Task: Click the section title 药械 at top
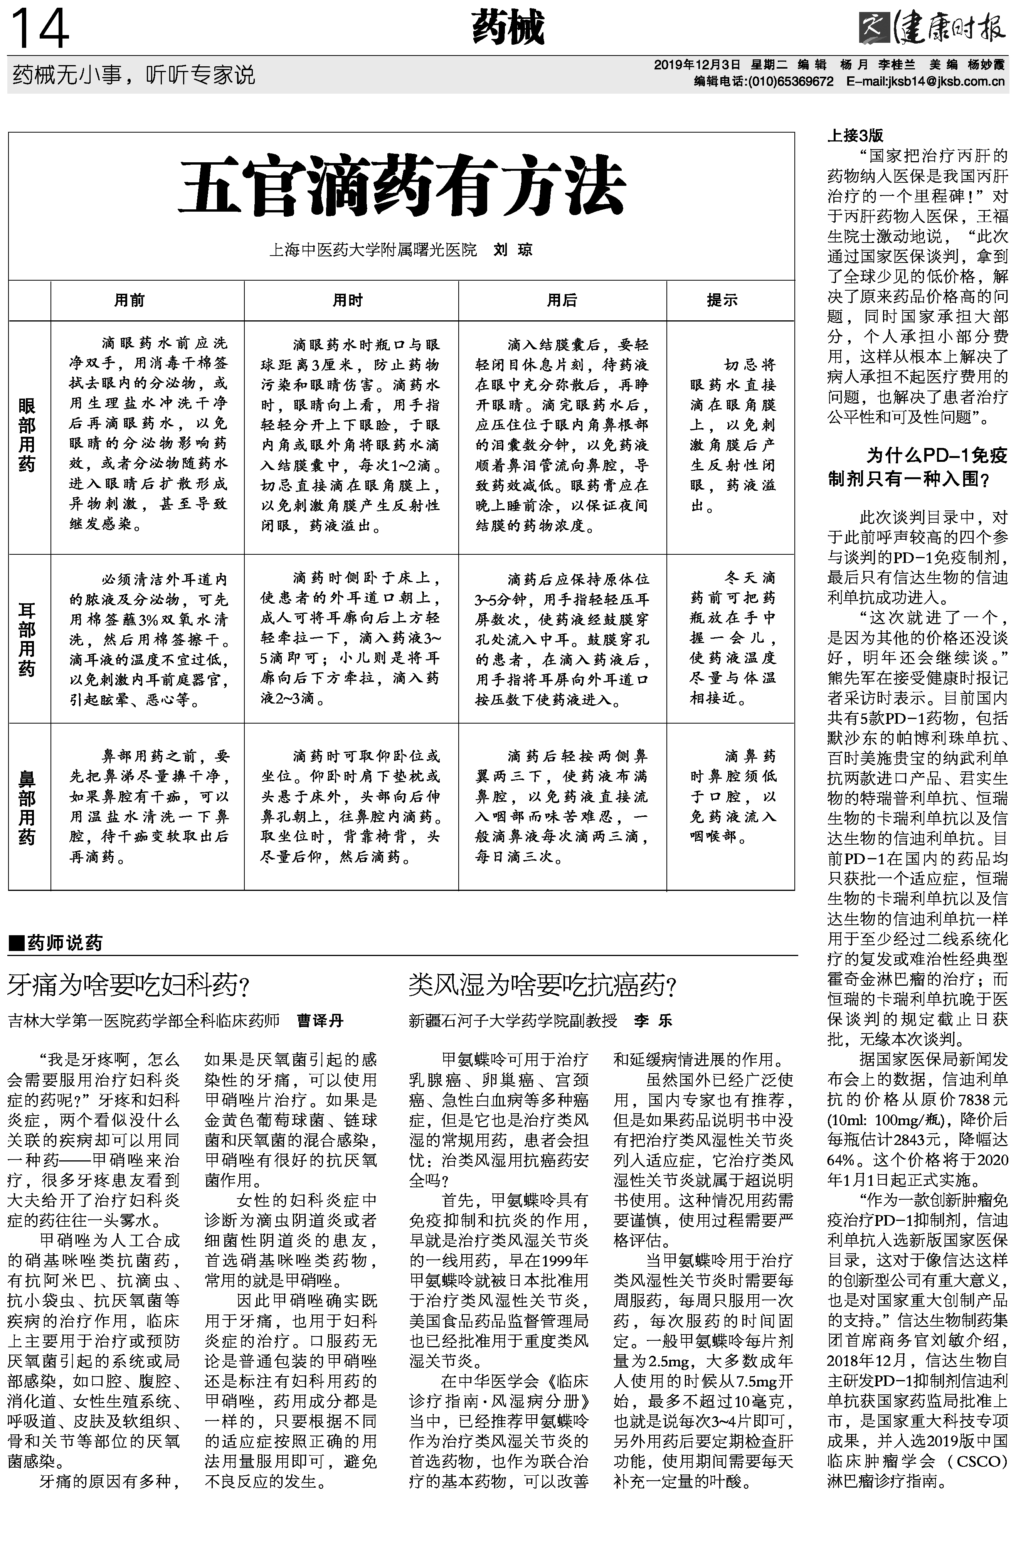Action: click(508, 29)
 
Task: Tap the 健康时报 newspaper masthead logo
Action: click(932, 29)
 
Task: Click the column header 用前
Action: click(129, 300)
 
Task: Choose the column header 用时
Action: click(348, 300)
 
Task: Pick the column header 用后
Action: click(562, 300)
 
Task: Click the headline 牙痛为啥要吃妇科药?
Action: click(129, 985)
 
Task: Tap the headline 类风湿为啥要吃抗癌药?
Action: click(543, 985)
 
